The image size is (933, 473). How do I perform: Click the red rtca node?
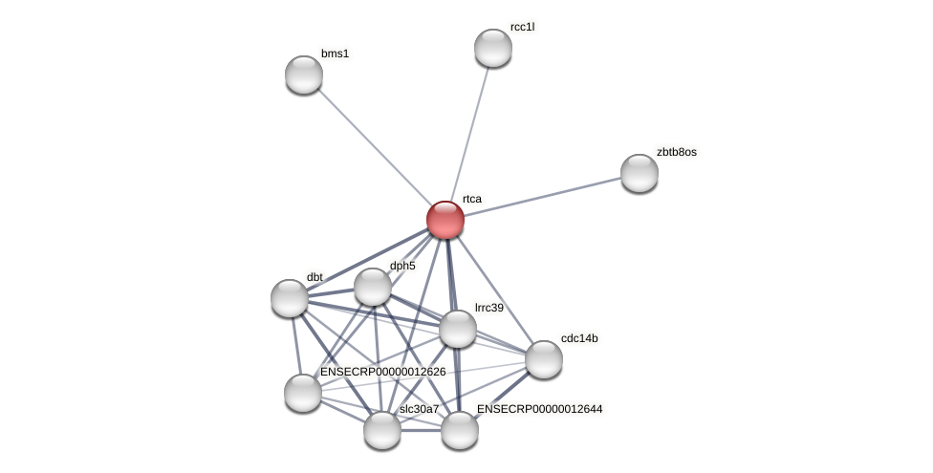[x=445, y=220]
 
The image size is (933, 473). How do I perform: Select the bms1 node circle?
[x=304, y=75]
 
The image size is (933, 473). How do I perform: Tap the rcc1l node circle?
[x=493, y=48]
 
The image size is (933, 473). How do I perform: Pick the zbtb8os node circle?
[x=640, y=173]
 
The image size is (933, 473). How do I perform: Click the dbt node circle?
[x=290, y=298]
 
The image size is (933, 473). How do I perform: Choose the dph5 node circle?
[x=373, y=287]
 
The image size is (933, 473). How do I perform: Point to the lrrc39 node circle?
[x=458, y=329]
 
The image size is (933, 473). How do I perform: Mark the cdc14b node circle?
[x=544, y=359]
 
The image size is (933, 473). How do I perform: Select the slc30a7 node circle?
[x=382, y=430]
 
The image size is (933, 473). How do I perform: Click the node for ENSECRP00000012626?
[x=303, y=393]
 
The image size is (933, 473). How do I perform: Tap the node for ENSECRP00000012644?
[x=460, y=430]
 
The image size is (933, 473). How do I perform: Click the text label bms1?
[x=335, y=54]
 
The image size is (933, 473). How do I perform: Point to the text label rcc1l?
[x=522, y=27]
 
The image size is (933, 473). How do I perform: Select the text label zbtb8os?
[x=676, y=152]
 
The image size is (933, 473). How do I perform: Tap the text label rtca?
[x=471, y=199]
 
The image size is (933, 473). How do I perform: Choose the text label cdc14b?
[x=579, y=338]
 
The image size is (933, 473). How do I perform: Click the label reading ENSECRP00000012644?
[x=539, y=409]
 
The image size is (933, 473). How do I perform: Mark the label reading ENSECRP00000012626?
[x=382, y=372]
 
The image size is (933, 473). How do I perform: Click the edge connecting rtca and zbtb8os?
[x=542, y=196]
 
